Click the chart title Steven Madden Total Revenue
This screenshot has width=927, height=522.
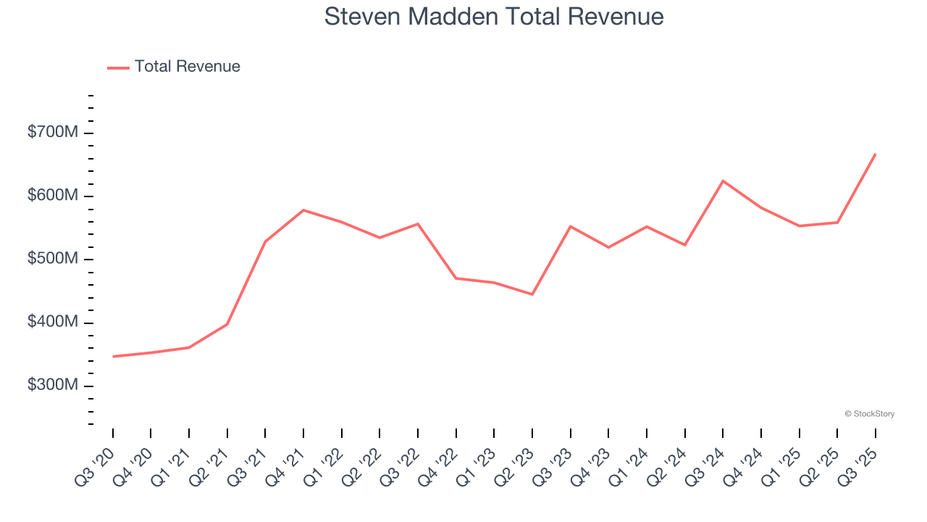tap(494, 17)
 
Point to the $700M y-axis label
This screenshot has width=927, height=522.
tap(53, 133)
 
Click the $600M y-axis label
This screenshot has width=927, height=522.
tap(53, 196)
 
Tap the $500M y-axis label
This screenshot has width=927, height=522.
tap(53, 259)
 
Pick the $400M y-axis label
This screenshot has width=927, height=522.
tap(53, 322)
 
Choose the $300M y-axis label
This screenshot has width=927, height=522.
tap(53, 385)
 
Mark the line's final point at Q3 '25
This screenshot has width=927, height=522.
tap(876, 154)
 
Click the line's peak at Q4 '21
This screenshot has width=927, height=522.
tap(303, 210)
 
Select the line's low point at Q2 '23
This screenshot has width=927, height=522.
tap(532, 294)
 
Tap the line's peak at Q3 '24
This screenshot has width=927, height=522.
tap(723, 181)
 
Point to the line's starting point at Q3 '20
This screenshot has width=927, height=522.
tap(113, 357)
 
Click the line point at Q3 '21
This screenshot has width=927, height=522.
tap(265, 241)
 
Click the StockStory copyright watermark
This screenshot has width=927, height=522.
tap(869, 414)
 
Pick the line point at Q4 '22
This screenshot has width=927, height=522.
tap(456, 278)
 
